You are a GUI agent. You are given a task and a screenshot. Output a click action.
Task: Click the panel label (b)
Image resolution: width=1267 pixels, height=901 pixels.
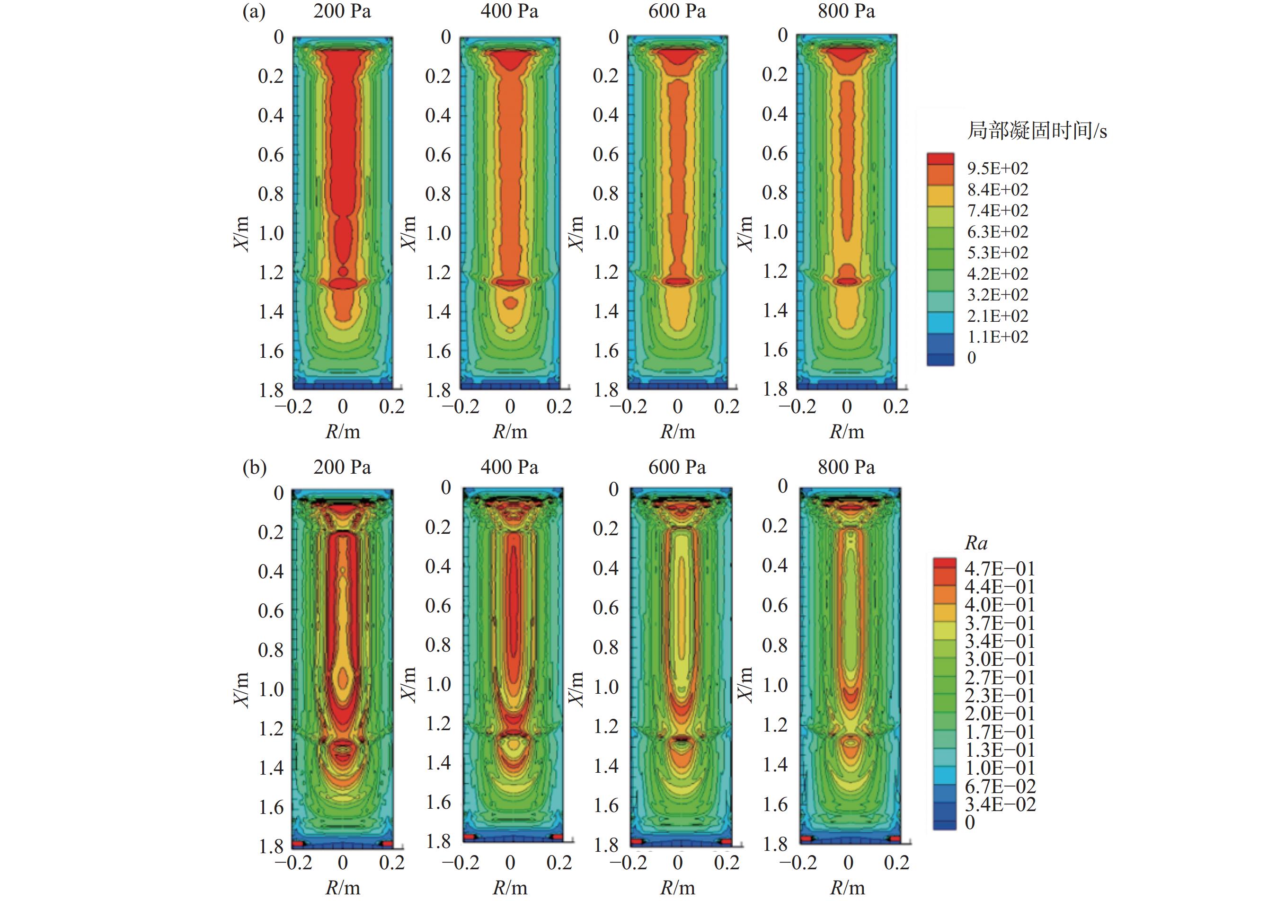click(x=254, y=468)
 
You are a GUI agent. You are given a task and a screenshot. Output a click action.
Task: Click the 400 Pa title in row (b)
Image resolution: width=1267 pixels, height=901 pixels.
click(x=509, y=468)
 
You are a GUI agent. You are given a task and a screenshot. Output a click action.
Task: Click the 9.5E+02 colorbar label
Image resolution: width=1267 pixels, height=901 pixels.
click(x=997, y=168)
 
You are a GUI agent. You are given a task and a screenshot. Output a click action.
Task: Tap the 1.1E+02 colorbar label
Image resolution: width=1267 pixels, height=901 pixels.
click(x=997, y=337)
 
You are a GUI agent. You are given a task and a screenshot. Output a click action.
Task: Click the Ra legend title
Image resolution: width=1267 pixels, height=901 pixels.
click(x=976, y=543)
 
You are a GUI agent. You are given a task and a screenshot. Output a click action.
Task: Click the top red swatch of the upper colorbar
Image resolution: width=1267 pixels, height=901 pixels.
click(x=940, y=159)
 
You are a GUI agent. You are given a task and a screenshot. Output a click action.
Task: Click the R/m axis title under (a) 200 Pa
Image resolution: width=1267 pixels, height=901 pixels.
click(x=342, y=432)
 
